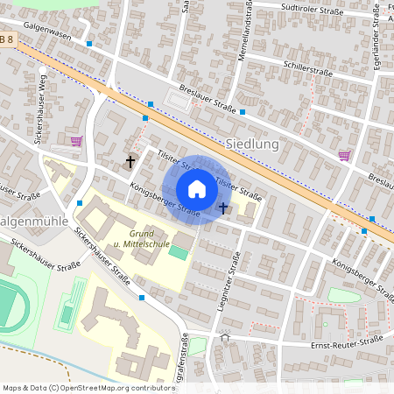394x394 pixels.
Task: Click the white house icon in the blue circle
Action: (197, 189)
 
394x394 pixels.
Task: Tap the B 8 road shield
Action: (7, 39)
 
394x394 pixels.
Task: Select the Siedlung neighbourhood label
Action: (252, 143)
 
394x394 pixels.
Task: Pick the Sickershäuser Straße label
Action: (102, 259)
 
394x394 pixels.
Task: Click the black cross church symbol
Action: (131, 161)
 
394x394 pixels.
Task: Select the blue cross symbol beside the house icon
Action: (223, 208)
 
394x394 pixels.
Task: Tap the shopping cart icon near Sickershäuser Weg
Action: (76, 140)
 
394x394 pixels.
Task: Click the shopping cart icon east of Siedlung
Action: (344, 156)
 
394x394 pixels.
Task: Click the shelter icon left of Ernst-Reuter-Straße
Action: (225, 336)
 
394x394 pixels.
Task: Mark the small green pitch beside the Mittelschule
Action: (179, 252)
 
